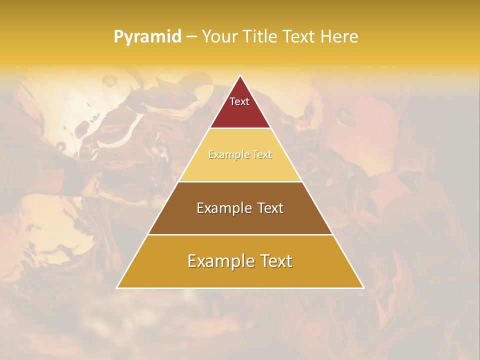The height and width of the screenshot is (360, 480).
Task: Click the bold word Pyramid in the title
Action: click(x=147, y=37)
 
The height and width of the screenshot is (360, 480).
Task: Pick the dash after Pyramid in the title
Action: click(x=191, y=37)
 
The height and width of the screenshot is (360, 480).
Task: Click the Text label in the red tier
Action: click(x=239, y=101)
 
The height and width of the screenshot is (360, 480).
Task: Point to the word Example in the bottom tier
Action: click(x=219, y=261)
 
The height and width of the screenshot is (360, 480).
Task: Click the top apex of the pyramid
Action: click(x=240, y=75)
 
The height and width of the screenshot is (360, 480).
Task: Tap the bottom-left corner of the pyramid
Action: click(x=117, y=287)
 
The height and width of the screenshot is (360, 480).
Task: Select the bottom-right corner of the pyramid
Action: click(x=363, y=287)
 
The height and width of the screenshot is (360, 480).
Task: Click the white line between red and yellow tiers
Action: click(x=240, y=128)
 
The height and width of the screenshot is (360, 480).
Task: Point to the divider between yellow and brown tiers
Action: click(x=240, y=181)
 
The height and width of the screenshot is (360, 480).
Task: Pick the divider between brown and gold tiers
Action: click(x=240, y=234)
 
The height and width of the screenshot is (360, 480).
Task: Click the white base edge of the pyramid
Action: click(x=240, y=288)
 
